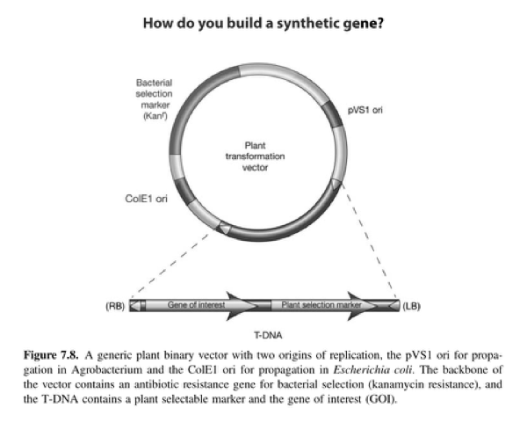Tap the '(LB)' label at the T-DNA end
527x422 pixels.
(x=411, y=306)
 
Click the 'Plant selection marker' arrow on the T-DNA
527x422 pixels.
(x=321, y=305)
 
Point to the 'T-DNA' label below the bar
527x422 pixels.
(x=263, y=336)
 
